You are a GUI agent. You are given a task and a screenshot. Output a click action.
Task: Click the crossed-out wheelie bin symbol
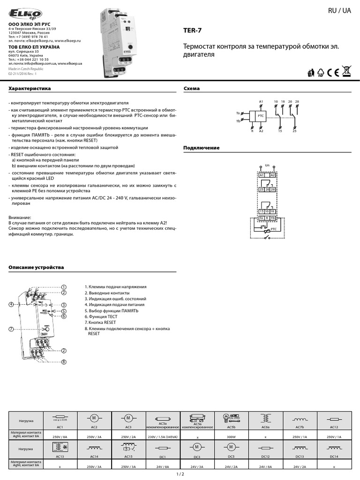pos(346,72)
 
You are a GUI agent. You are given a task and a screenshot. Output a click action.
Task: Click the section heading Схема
pos(191,89)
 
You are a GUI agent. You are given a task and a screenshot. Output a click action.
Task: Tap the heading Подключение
pos(201,148)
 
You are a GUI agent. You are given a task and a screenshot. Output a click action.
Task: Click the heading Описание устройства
pos(36,268)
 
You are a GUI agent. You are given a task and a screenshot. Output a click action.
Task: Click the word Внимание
pos(20,217)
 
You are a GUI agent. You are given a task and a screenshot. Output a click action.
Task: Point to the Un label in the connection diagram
pos(267,165)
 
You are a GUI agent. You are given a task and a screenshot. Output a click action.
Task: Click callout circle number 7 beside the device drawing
pos(11,330)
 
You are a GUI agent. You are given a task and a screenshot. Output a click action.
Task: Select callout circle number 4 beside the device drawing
pos(11,305)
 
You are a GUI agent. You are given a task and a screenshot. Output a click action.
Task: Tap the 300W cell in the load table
pos(231,435)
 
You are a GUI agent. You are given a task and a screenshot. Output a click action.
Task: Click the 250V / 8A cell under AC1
pos(60,435)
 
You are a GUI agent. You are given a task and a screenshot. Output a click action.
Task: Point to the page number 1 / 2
pos(180,474)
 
